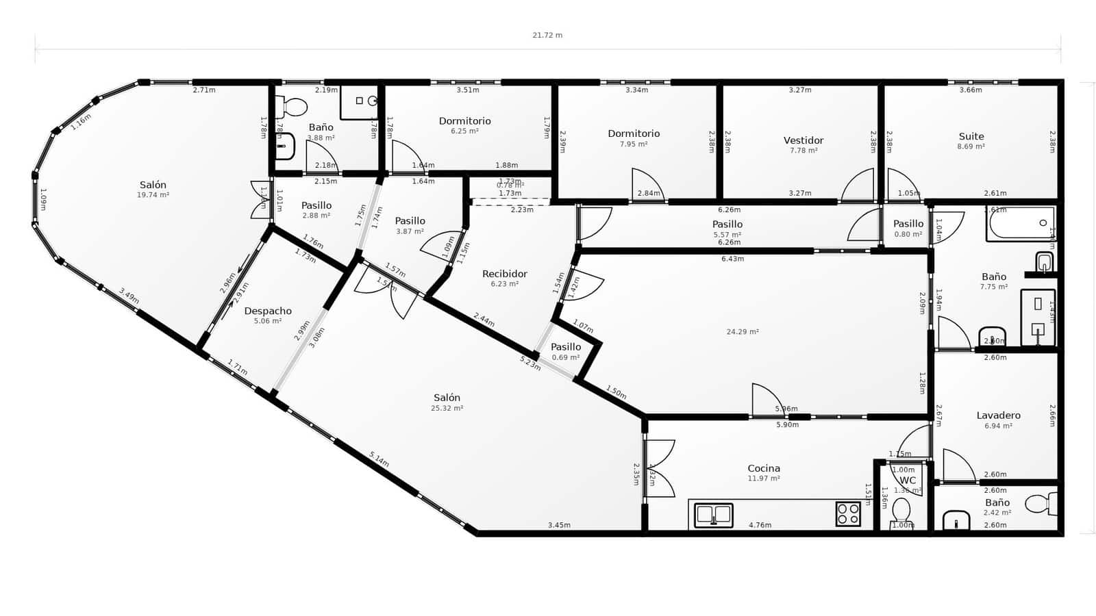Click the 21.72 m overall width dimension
[547, 35]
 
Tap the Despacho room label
[268, 311]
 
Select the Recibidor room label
[504, 274]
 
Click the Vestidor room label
[803, 140]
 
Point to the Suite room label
[971, 136]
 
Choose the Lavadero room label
[998, 415]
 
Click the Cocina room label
[763, 469]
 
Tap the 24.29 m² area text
[742, 332]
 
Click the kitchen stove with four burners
[847, 514]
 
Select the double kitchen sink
[713, 515]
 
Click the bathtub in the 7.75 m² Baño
[1020, 224]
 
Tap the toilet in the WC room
[901, 511]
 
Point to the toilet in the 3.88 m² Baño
[292, 107]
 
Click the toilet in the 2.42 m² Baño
[1038, 504]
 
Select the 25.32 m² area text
[447, 409]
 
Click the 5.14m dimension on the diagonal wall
[379, 459]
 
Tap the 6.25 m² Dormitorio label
[464, 121]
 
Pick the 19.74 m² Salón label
[153, 185]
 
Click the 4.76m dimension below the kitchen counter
[760, 526]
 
